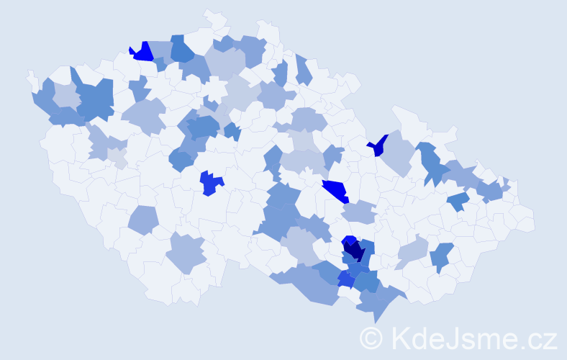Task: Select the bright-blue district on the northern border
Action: click(143, 52)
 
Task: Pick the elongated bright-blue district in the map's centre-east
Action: click(335, 192)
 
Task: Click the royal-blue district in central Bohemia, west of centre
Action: click(210, 183)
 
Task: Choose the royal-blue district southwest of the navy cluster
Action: click(346, 278)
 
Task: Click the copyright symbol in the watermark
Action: click(372, 338)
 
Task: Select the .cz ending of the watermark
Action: click(537, 338)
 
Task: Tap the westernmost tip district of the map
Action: click(32, 78)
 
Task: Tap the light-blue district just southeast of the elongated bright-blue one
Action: click(359, 212)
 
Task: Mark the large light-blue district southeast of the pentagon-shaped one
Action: click(187, 253)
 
